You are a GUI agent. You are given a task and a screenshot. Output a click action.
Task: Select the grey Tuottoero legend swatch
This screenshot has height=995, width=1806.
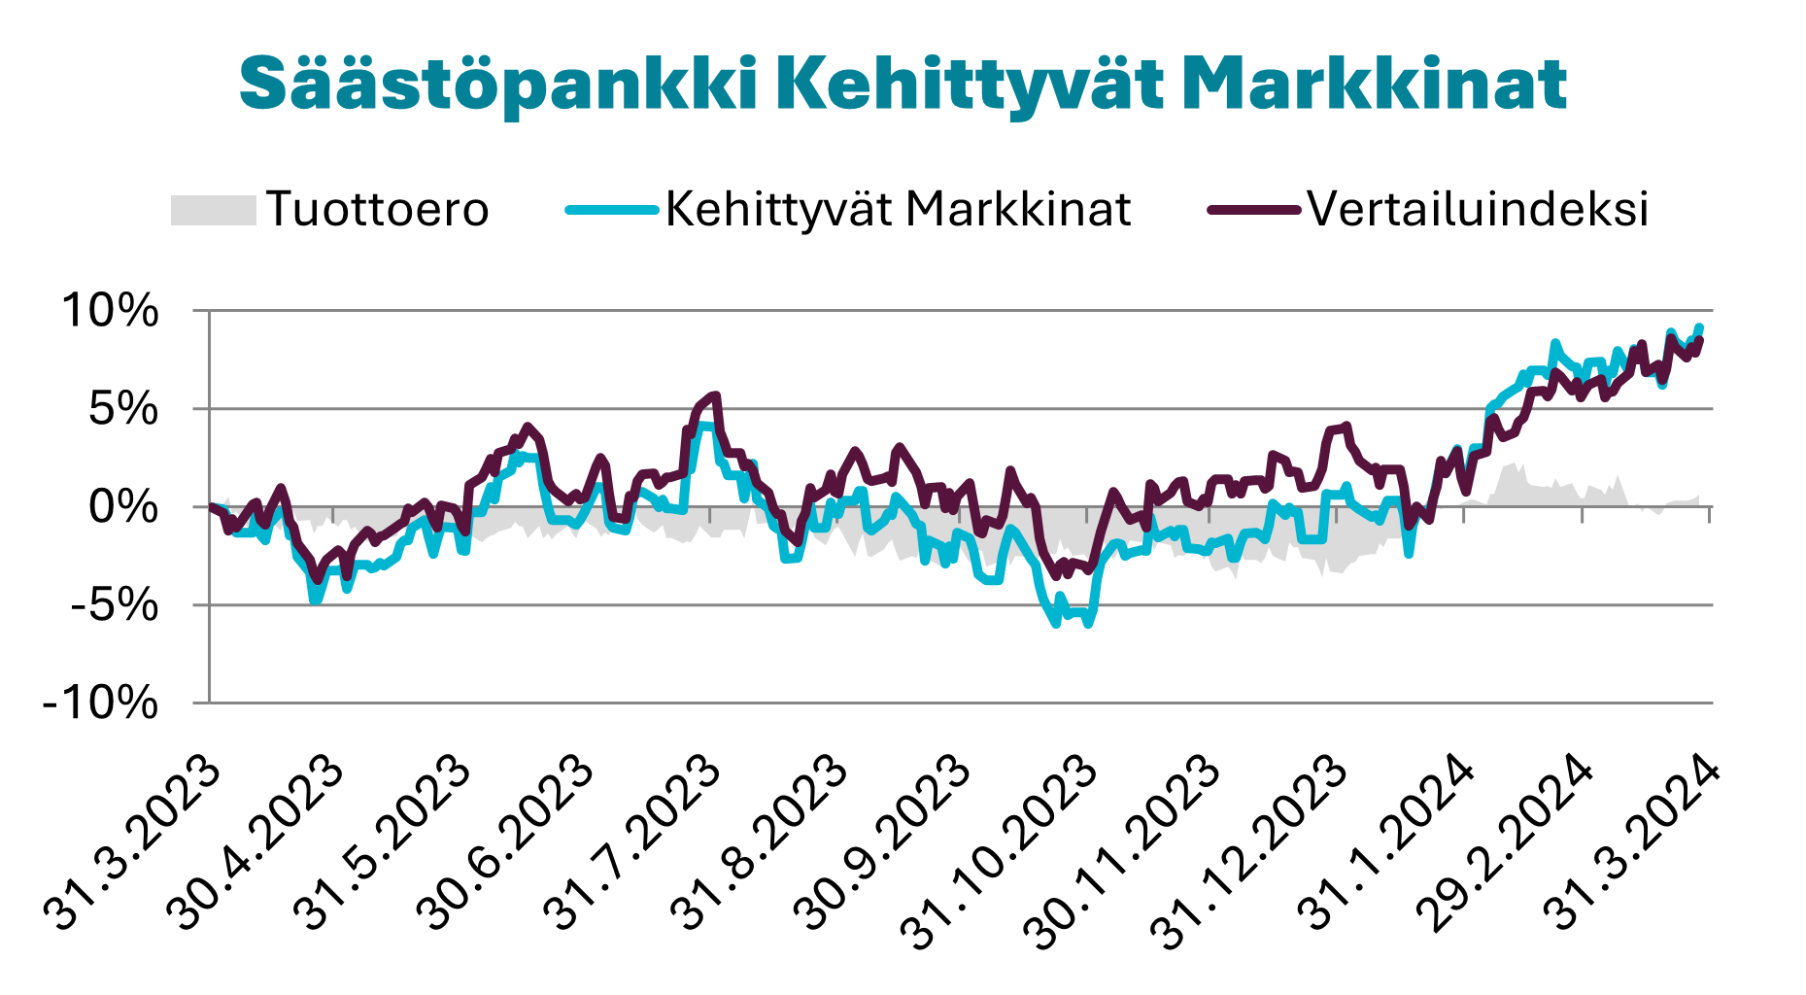click(213, 210)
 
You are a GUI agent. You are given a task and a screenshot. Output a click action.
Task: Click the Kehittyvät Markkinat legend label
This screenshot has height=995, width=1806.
click(898, 209)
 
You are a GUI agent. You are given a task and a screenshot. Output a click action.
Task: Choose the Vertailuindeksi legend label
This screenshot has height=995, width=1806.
click(1477, 209)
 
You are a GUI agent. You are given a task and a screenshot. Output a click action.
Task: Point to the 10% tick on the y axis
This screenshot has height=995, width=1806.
click(110, 311)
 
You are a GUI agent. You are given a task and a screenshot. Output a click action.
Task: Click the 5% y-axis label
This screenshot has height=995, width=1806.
click(122, 409)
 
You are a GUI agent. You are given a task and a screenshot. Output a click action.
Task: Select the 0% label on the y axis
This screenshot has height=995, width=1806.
click(122, 507)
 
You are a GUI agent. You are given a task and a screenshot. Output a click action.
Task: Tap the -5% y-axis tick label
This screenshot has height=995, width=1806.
click(114, 605)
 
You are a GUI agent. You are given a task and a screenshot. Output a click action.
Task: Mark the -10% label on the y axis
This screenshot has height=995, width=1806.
click(101, 703)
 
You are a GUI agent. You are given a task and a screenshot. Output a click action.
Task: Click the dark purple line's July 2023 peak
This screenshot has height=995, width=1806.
click(715, 395)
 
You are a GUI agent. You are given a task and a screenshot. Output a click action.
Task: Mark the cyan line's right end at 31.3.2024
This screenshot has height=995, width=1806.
click(1699, 327)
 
